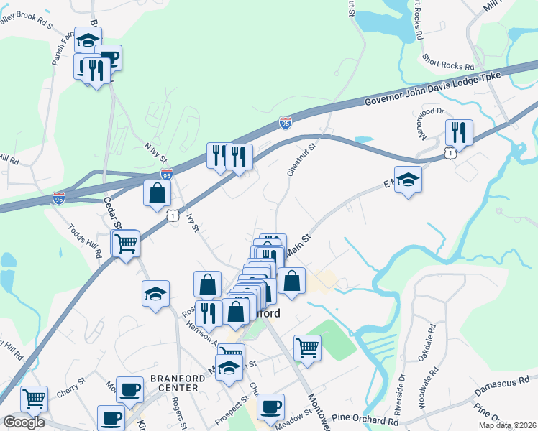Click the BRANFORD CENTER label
point(174,383)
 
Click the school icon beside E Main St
point(408,179)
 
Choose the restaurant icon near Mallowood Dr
point(458,132)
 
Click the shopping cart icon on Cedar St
point(126,244)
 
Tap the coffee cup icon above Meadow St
point(270,407)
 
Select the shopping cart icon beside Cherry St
point(34,397)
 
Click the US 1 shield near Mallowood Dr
point(450,152)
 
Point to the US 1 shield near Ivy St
point(173,215)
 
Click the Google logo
point(24,422)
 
